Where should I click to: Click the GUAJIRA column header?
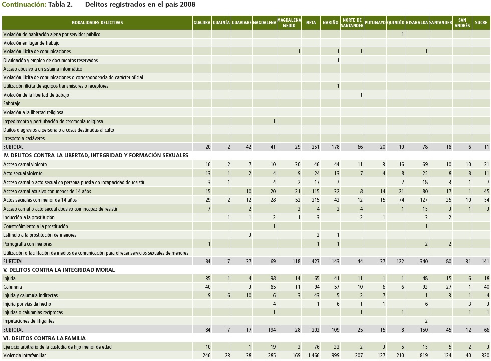point(202,23)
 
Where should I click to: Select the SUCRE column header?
point(481,23)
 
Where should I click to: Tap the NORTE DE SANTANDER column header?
point(352,23)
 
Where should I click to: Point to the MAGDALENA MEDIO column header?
point(289,23)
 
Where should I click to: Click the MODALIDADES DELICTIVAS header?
point(97,23)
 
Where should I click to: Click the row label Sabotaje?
point(12,104)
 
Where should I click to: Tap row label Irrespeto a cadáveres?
point(24,138)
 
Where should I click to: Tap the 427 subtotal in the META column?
point(314,261)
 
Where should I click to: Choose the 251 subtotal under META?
point(314,147)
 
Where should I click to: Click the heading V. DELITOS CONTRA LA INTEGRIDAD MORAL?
point(59,270)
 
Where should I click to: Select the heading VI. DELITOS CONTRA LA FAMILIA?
point(44,338)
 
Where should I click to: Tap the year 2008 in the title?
point(188,5)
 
